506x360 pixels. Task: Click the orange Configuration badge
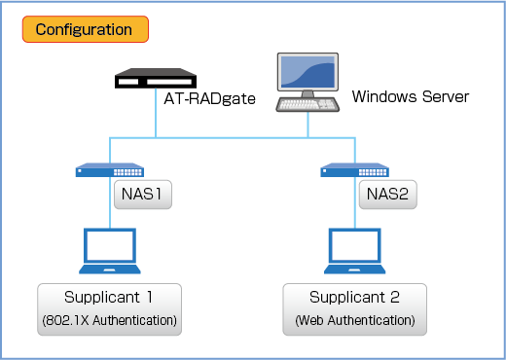tap(86, 29)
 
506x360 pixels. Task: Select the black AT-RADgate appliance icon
tap(156, 78)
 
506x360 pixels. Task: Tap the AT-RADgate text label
tap(209, 98)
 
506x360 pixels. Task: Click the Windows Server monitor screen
tap(307, 72)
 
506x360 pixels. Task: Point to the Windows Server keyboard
tap(307, 104)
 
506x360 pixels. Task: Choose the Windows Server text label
tap(411, 96)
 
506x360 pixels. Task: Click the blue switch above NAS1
tap(110, 169)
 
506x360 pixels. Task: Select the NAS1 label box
tap(143, 195)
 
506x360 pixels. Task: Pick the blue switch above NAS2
tap(354, 169)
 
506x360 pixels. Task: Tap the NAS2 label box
tap(388, 195)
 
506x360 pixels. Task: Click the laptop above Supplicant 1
tap(110, 251)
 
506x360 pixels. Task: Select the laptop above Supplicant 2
tap(355, 251)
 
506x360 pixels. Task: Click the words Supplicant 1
tap(108, 297)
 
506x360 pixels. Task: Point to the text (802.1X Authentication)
tap(110, 320)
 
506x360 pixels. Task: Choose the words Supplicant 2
tap(354, 297)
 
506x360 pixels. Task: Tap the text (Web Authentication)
tap(355, 320)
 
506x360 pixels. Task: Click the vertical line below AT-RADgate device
tap(156, 113)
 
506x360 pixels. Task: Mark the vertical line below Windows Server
tap(307, 126)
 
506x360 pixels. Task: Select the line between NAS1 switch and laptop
tap(110, 202)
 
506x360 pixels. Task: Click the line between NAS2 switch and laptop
tap(355, 202)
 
